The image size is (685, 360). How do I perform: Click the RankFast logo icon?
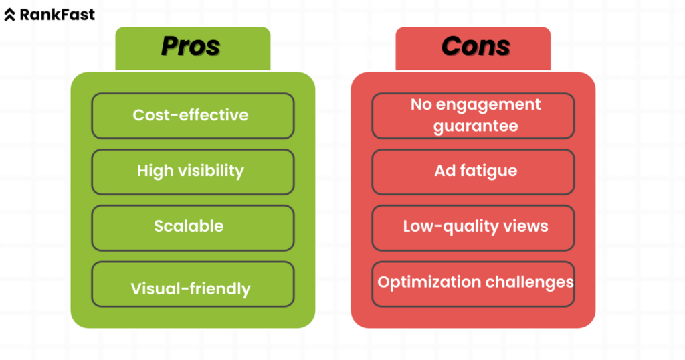click(x=9, y=15)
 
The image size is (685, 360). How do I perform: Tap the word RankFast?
click(x=58, y=15)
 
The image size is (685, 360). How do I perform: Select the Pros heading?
click(x=191, y=46)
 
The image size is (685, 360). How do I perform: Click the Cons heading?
click(x=476, y=46)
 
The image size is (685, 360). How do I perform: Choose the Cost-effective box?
click(x=193, y=116)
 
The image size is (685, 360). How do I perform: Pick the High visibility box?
click(x=193, y=172)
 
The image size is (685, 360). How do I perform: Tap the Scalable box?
click(x=193, y=228)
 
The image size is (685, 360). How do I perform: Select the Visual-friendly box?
click(x=193, y=284)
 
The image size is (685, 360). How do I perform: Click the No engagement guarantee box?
click(x=473, y=116)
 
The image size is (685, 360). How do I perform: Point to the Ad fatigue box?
click(x=473, y=172)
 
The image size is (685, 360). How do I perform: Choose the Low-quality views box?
click(x=473, y=228)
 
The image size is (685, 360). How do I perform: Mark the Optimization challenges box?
click(x=473, y=284)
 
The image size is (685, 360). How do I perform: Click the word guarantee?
click(x=476, y=126)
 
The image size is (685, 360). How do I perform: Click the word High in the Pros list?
click(x=155, y=171)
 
